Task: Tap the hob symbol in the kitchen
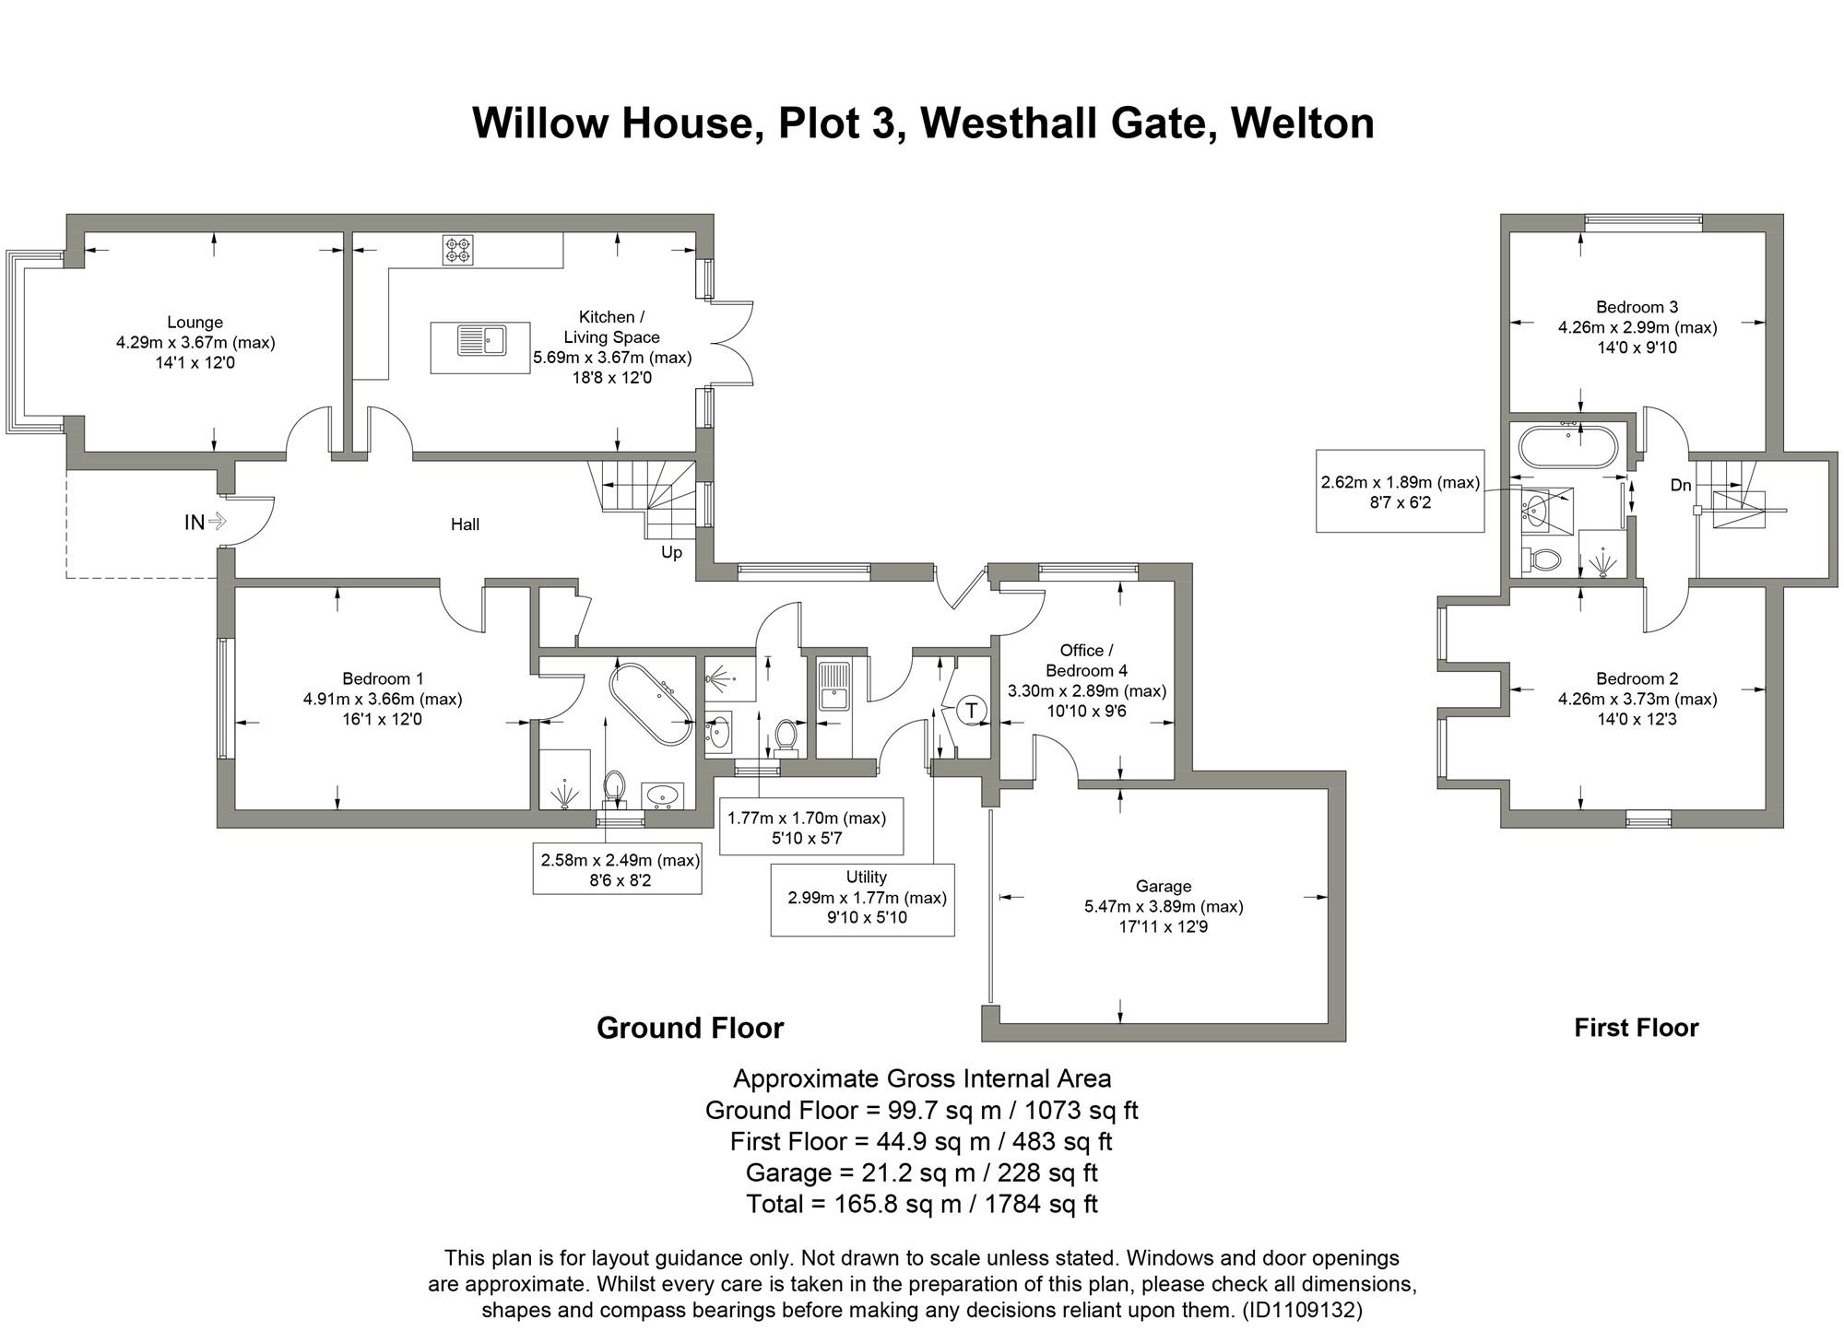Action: coord(458,249)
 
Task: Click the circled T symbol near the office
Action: coord(971,711)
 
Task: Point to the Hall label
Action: coord(465,524)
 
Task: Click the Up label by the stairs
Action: coord(671,552)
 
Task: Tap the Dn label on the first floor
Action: coord(1680,485)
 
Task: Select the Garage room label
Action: coord(1163,887)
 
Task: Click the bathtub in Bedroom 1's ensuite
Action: coord(651,703)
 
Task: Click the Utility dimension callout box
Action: coord(862,900)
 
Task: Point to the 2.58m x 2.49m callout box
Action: coord(617,869)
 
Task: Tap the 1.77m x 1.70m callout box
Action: coord(810,827)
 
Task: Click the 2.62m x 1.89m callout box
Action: coord(1400,491)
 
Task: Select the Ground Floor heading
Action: coord(690,1028)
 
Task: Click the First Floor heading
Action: coord(1636,1028)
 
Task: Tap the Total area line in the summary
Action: coord(921,1204)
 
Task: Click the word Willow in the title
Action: coord(539,124)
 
